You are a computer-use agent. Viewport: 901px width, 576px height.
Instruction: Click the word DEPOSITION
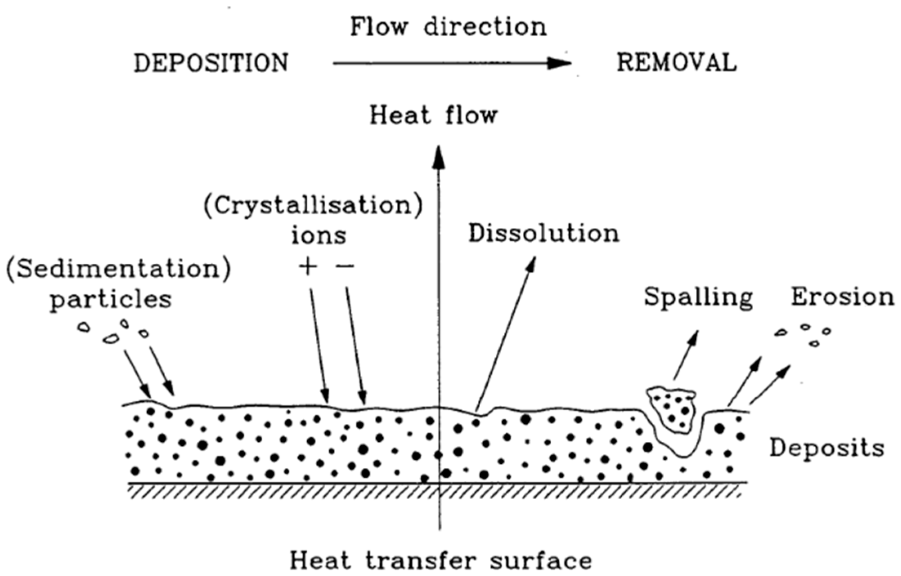click(x=211, y=64)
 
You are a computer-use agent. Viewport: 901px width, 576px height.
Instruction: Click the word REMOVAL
click(x=677, y=64)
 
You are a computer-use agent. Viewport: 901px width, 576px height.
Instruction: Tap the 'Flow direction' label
click(x=448, y=27)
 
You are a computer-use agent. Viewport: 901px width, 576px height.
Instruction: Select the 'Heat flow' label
click(x=433, y=116)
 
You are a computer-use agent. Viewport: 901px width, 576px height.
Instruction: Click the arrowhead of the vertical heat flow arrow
click(x=439, y=157)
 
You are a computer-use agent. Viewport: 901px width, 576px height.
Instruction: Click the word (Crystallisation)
click(x=313, y=206)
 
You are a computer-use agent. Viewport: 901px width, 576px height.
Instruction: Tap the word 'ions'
click(x=318, y=236)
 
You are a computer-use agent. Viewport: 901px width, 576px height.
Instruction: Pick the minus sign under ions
click(x=345, y=267)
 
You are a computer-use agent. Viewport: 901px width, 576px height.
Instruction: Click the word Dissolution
click(x=544, y=234)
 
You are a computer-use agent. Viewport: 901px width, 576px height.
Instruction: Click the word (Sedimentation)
click(x=118, y=269)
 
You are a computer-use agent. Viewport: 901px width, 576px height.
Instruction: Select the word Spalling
click(x=699, y=297)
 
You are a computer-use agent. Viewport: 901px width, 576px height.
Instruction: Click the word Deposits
click(x=827, y=448)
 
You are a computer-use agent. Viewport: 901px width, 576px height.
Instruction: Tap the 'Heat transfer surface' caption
click(x=441, y=561)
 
